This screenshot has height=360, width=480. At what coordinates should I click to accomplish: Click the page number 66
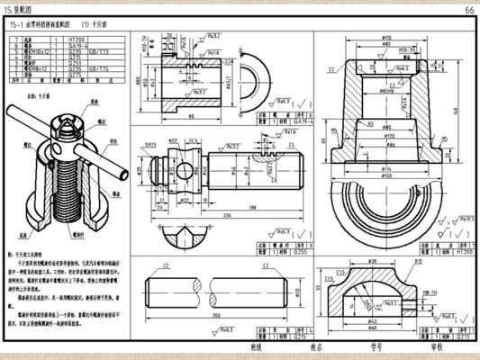click(469, 9)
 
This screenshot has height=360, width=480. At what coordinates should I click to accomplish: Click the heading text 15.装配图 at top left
click(24, 9)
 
